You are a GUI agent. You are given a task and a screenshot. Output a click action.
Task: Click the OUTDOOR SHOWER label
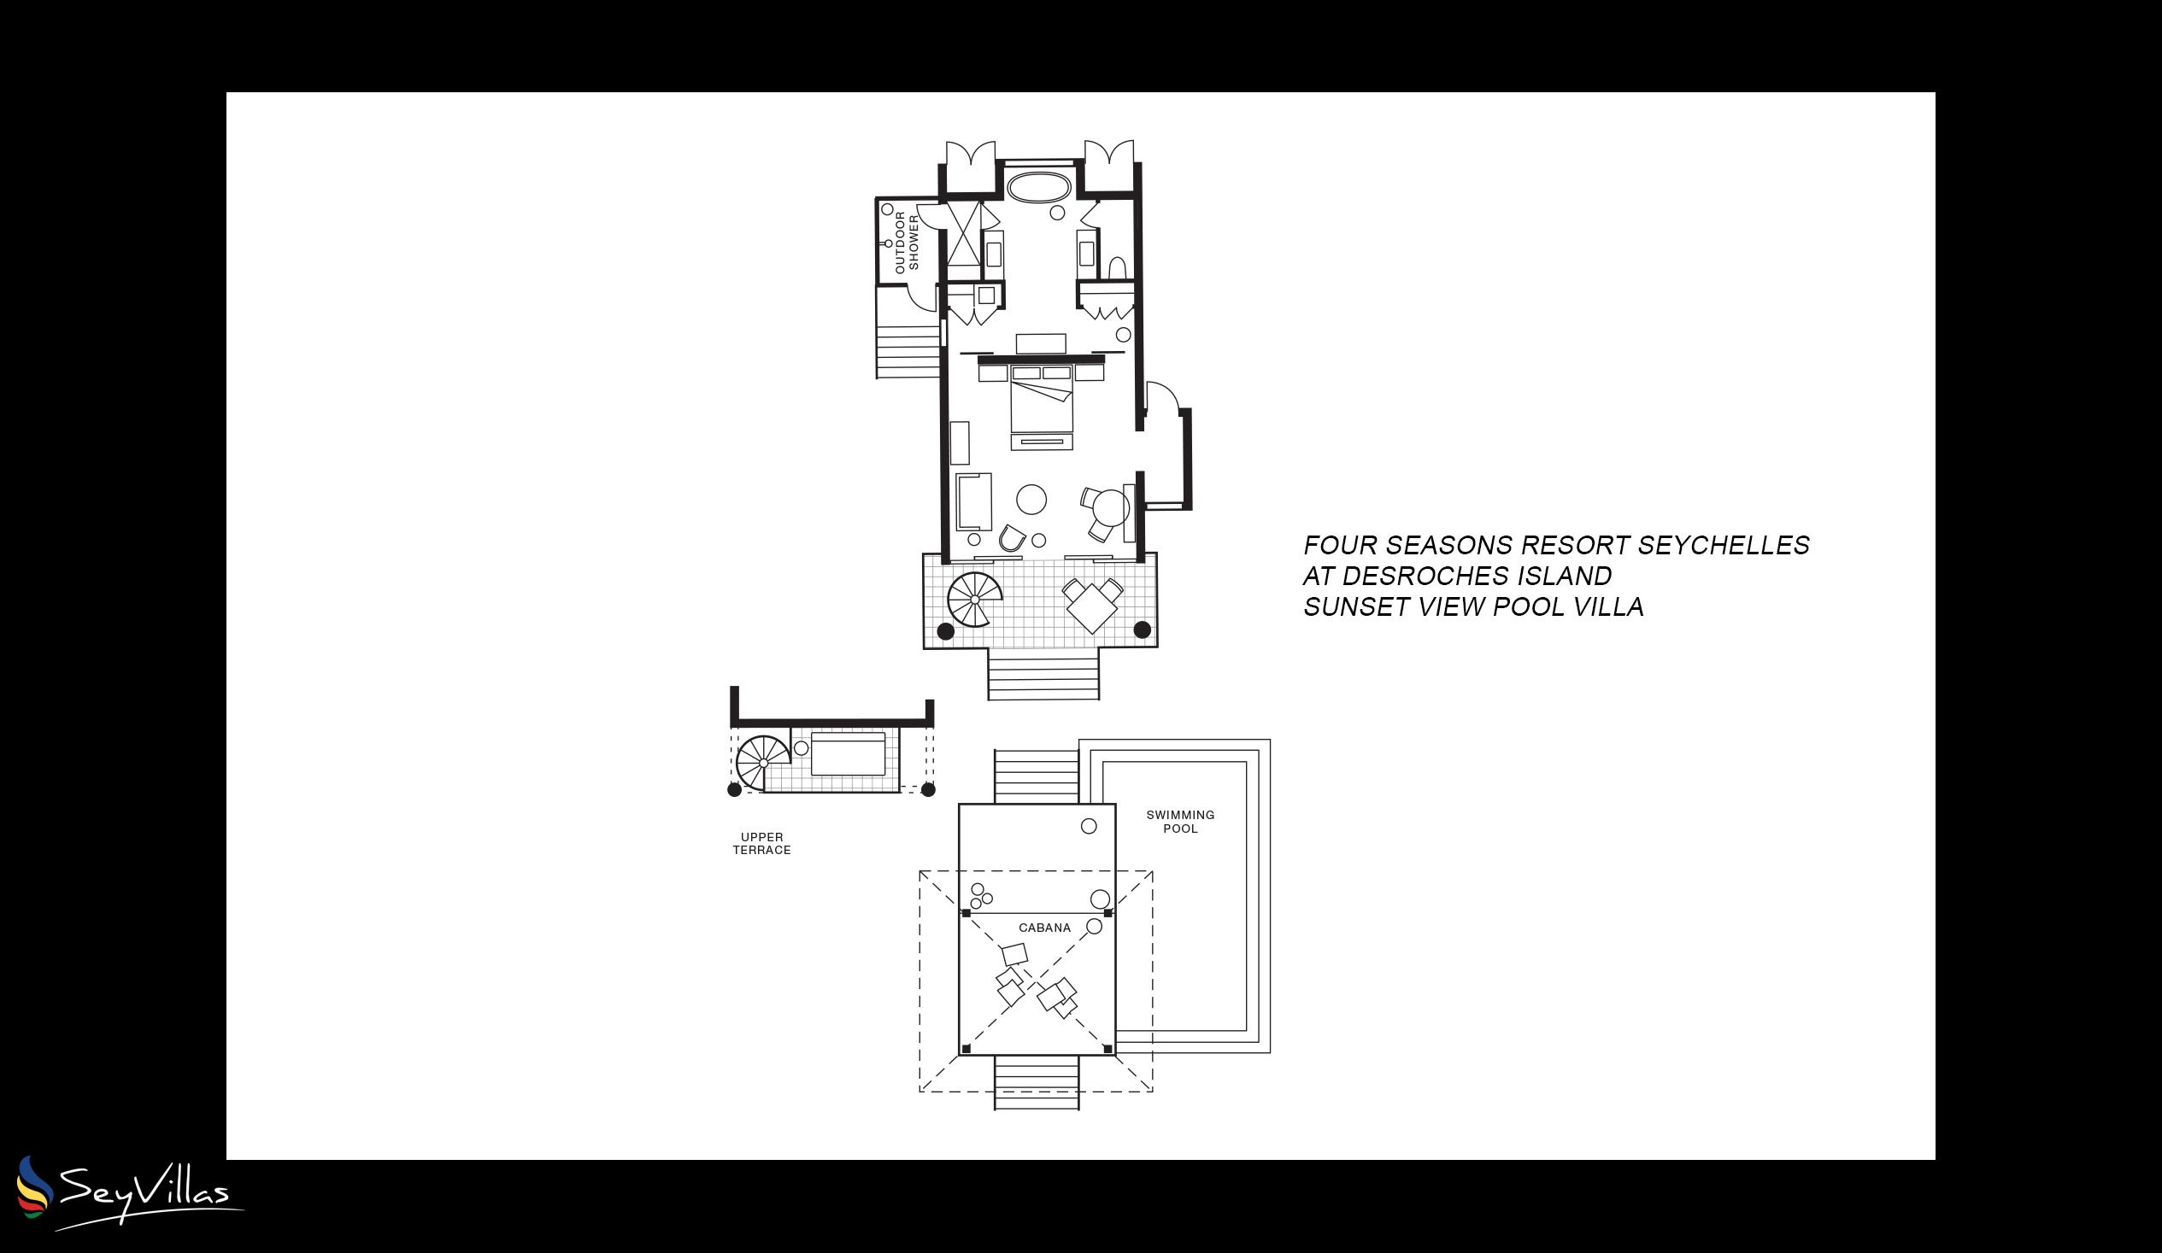(x=906, y=243)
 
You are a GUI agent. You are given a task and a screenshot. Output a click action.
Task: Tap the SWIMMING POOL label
(x=1179, y=822)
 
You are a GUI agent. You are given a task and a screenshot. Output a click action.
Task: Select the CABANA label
(x=1044, y=927)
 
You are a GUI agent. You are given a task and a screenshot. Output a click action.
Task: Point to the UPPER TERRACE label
(x=762, y=843)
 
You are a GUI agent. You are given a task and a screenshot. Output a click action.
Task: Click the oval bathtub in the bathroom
(x=1039, y=188)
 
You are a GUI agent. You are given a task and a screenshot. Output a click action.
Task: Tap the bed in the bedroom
(x=1042, y=399)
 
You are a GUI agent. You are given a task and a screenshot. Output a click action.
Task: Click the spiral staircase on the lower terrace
(x=975, y=600)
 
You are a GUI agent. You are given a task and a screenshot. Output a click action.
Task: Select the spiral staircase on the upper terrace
(x=763, y=763)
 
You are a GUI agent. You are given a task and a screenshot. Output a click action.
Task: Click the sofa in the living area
(x=974, y=501)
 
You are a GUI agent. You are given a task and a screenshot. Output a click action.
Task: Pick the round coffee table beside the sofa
(x=1031, y=499)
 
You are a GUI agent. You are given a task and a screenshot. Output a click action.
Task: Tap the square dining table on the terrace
(x=1091, y=606)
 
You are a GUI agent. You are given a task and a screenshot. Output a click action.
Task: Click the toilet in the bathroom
(x=1117, y=268)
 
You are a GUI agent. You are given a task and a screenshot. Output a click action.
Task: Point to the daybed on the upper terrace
(x=848, y=754)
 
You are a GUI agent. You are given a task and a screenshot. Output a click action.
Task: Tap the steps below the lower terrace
(x=1043, y=674)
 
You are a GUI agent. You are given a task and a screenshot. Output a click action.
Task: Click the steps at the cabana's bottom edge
(x=1037, y=1082)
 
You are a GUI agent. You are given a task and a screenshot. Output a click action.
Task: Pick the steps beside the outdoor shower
(x=908, y=352)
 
